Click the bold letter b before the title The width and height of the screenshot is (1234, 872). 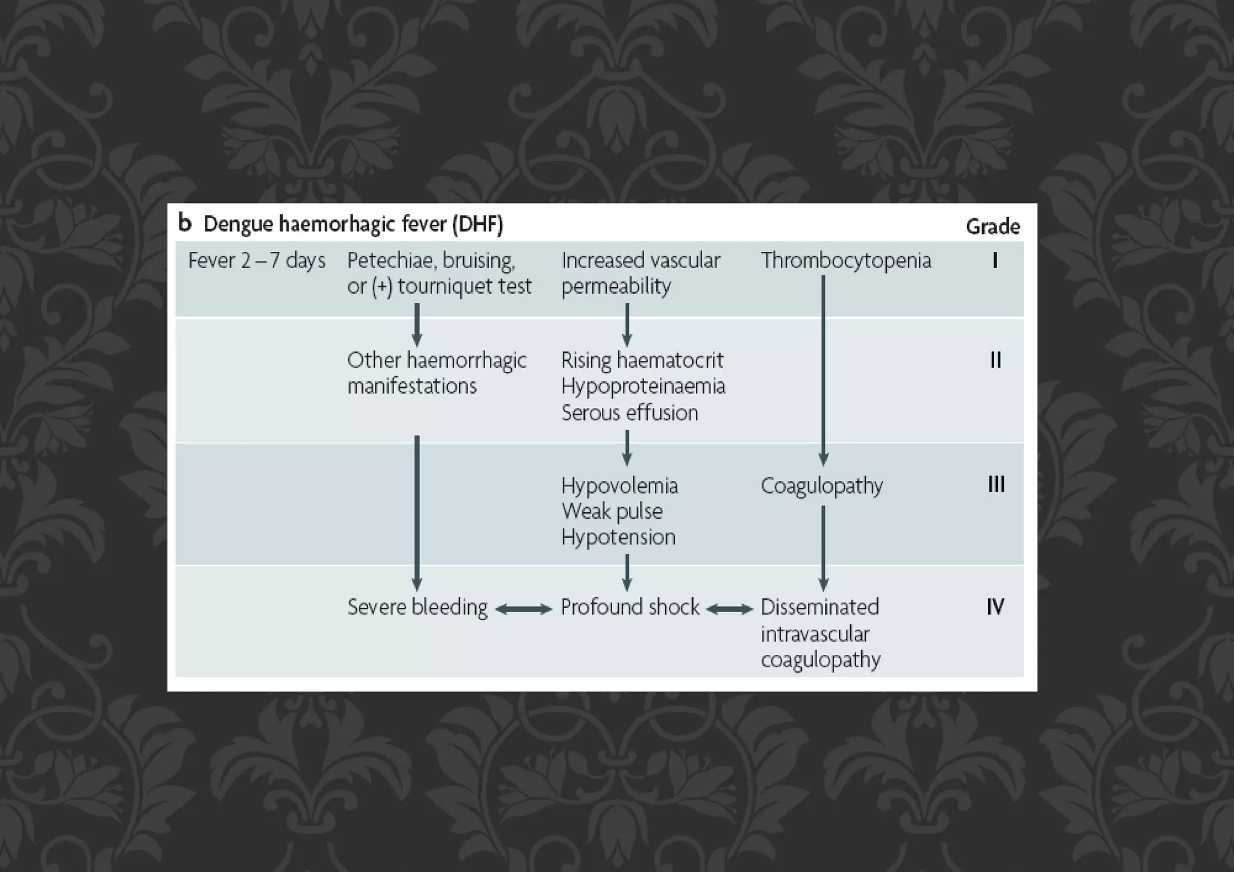(185, 223)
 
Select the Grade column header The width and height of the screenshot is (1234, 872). (992, 227)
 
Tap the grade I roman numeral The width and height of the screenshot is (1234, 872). (995, 260)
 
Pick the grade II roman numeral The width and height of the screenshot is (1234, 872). (995, 360)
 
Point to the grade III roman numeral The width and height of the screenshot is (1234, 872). (996, 485)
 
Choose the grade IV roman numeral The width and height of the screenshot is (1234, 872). (995, 607)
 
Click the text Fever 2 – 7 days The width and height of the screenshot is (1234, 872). (257, 260)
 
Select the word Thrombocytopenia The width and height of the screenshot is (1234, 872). (846, 260)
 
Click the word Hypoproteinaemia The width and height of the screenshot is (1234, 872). (643, 386)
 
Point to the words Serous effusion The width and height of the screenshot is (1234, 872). (630, 413)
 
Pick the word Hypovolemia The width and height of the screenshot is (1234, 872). (619, 486)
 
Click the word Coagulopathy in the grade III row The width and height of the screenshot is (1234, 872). (822, 486)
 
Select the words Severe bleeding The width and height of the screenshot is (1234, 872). (418, 607)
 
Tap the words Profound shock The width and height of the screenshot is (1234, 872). (630, 607)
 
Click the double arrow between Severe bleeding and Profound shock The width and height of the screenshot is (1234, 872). (524, 609)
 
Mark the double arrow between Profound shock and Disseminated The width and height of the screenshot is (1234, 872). (730, 609)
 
